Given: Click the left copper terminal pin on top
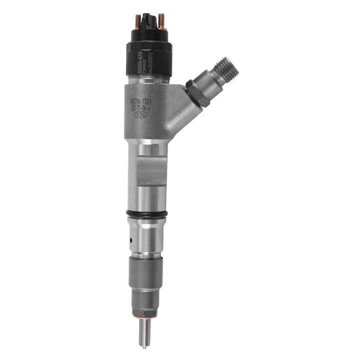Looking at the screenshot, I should pos(137,21).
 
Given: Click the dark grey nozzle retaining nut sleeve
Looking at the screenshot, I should pos(146,273).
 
